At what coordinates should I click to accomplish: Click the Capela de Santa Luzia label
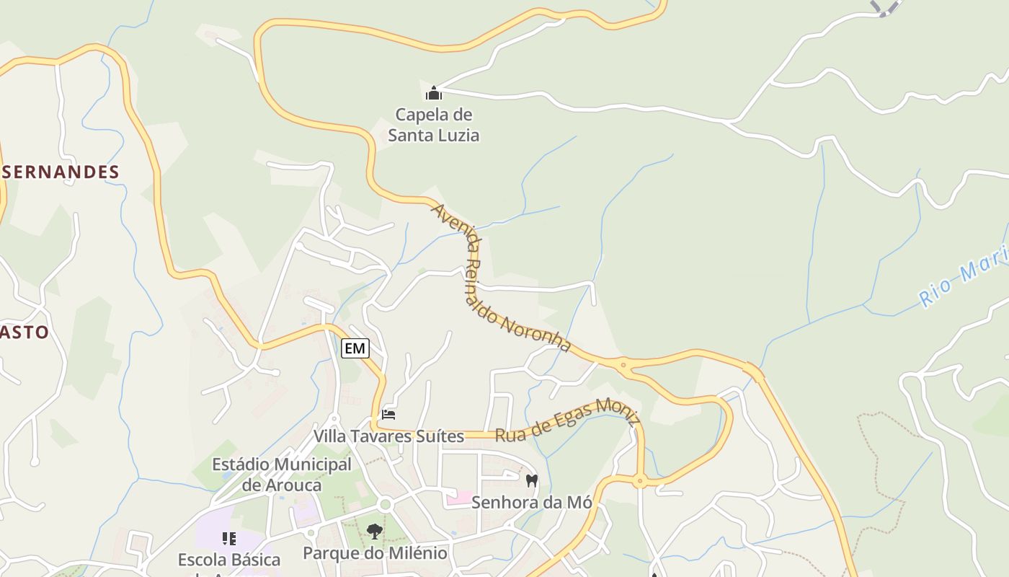point(433,125)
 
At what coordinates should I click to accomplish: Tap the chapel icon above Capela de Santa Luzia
point(433,93)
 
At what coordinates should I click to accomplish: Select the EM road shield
point(355,348)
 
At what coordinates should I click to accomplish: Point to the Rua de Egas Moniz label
point(566,419)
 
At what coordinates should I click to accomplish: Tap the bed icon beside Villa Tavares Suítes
point(388,414)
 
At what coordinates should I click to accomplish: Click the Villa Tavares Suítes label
point(388,436)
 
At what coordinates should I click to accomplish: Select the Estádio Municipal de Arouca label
point(282,475)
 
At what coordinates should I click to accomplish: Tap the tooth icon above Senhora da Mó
point(532,480)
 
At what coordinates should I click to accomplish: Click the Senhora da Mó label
point(531,502)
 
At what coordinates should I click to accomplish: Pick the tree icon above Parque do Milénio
point(374,532)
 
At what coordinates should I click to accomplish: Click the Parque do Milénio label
point(375,553)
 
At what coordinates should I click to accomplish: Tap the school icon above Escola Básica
point(229,538)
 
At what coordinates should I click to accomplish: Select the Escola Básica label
point(229,560)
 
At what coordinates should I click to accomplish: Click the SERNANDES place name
point(60,172)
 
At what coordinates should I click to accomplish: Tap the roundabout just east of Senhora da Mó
point(639,482)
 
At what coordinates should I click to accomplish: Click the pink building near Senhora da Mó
point(459,498)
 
